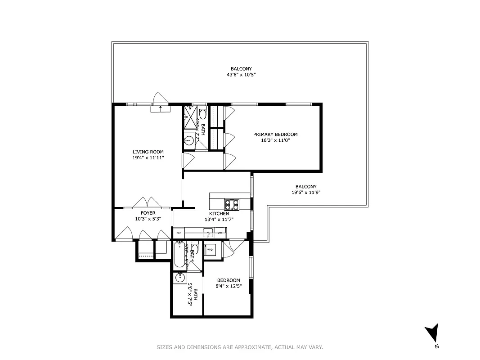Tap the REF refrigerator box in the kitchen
(x=179, y=233)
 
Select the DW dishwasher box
(x=220, y=233)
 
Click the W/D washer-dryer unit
(x=210, y=250)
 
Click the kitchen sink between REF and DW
(x=207, y=232)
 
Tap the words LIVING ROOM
(x=148, y=152)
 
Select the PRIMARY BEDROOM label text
(x=275, y=134)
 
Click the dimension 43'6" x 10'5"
(x=241, y=75)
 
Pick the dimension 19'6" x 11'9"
(x=306, y=193)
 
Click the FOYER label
(x=148, y=213)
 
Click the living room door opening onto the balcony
(x=160, y=101)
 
